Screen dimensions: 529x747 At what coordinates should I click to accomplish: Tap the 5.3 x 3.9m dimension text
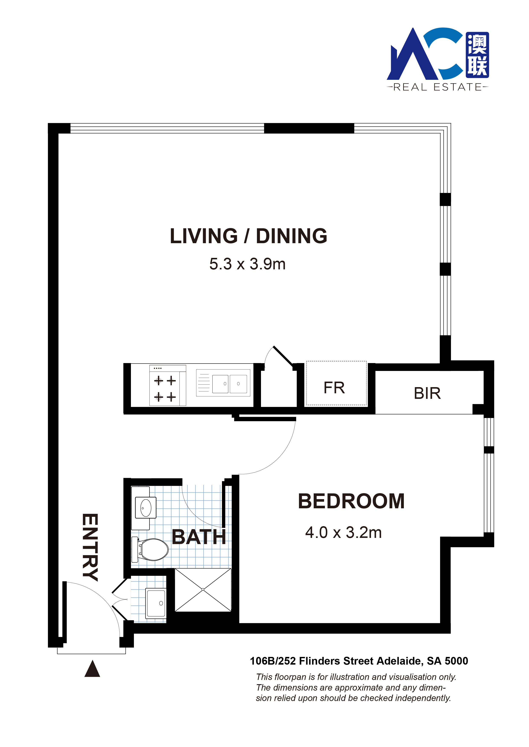(247, 264)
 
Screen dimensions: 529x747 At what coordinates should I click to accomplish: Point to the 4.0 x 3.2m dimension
(343, 533)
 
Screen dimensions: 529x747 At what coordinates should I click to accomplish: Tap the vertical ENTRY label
(90, 547)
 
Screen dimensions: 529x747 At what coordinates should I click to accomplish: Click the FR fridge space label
(334, 388)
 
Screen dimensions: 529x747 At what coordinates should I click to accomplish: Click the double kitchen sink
(223, 383)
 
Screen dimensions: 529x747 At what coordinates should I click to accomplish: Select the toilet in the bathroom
(150, 550)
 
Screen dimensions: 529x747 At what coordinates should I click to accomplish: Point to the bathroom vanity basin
(144, 509)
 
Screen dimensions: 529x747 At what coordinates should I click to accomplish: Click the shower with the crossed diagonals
(203, 590)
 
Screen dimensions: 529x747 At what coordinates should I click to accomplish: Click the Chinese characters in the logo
(477, 55)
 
